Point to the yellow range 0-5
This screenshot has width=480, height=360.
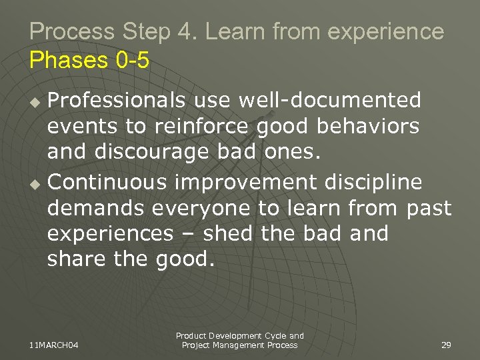point(132,61)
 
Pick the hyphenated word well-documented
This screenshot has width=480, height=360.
point(307,100)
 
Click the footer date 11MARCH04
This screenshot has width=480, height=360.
point(54,345)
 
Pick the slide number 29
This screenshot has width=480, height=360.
point(446,345)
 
